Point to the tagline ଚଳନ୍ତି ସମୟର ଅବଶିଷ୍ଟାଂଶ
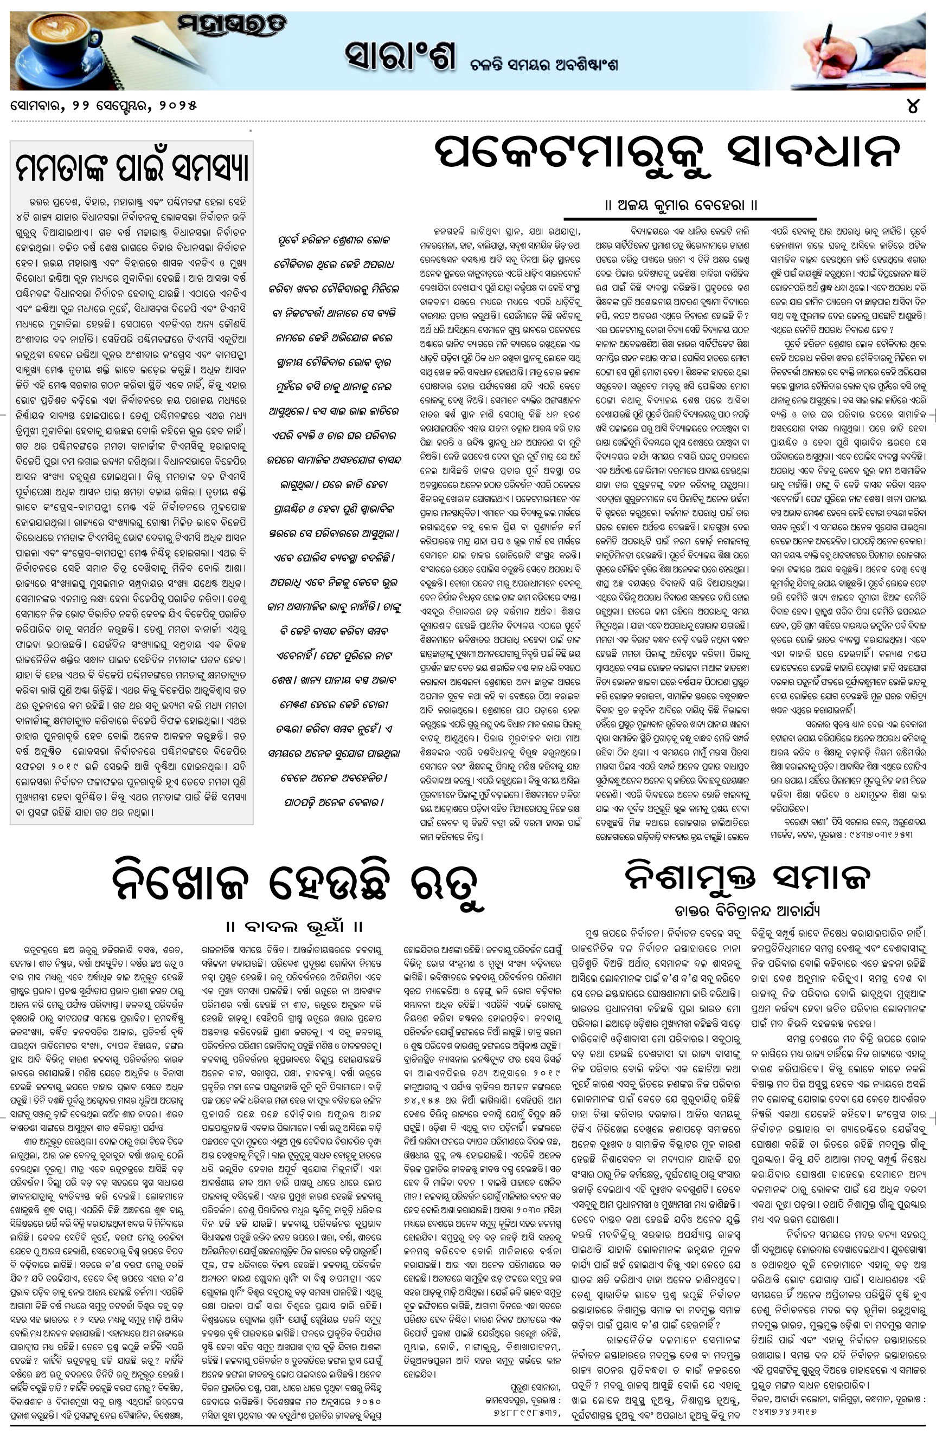[x=544, y=64]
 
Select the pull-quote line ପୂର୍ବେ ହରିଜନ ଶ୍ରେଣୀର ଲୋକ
[x=334, y=239]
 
